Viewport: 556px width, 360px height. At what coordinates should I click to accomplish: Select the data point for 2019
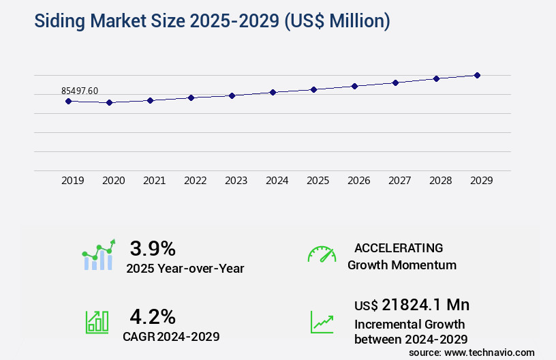tap(68, 101)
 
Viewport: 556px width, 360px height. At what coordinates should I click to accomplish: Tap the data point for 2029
tap(477, 75)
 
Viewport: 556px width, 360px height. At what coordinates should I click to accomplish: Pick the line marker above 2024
tap(273, 92)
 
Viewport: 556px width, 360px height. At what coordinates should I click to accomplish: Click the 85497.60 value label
tap(80, 91)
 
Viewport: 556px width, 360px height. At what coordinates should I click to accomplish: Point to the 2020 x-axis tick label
tap(114, 181)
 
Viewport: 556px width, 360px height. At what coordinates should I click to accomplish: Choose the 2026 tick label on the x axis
tap(359, 181)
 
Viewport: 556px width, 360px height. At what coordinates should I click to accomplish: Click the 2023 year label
tap(236, 181)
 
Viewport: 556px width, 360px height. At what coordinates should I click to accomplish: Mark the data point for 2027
tap(395, 82)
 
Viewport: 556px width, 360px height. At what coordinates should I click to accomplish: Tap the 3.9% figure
tap(153, 247)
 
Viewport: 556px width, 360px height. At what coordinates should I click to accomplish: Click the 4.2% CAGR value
tap(153, 316)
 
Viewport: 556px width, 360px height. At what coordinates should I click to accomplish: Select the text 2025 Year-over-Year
tap(185, 269)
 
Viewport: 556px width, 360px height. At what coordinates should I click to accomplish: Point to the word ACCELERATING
tap(399, 248)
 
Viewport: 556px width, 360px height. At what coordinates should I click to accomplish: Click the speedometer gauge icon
tap(322, 254)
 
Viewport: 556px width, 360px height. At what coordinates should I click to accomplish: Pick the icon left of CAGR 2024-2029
tap(97, 322)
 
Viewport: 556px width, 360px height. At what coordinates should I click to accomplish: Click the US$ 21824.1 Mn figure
tap(412, 305)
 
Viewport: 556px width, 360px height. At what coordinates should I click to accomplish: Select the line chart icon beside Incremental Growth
tap(322, 322)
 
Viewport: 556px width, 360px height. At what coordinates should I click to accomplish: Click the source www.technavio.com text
tap(472, 352)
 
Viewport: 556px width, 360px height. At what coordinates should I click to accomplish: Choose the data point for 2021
tap(150, 100)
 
